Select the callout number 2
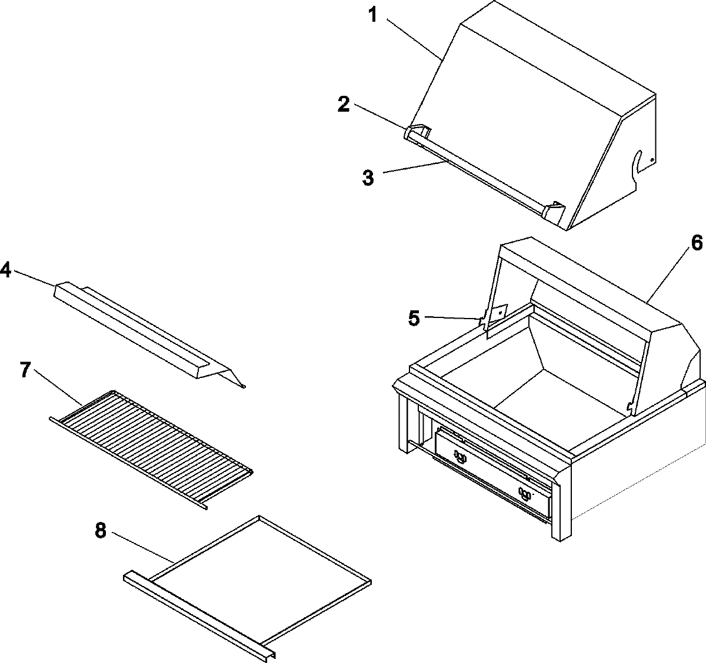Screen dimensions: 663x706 [x=344, y=105]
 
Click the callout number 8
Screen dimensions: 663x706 [x=100, y=531]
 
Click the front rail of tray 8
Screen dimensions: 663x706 [x=200, y=611]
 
